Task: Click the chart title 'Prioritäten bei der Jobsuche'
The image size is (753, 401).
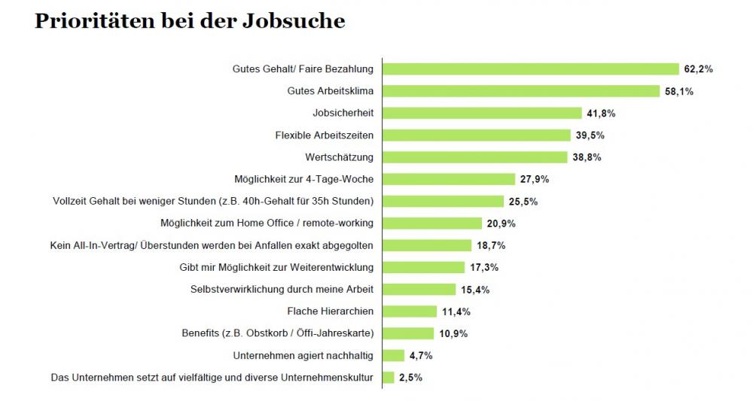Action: pos(190,22)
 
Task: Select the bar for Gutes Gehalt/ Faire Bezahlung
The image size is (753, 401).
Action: pos(531,69)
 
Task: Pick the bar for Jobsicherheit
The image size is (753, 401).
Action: pos(482,114)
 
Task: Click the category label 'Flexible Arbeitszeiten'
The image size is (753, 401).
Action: pos(325,135)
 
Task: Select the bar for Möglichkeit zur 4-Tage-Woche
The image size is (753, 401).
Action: pos(449,179)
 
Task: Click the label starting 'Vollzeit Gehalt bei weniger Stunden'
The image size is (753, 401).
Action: pos(213,201)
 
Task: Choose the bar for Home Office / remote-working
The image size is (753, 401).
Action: pos(432,223)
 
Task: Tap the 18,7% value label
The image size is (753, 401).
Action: pos(490,245)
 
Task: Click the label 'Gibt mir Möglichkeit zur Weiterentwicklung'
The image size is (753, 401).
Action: pos(276,267)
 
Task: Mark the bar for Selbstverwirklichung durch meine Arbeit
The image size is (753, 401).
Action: pos(419,289)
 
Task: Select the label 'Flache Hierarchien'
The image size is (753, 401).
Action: pos(330,311)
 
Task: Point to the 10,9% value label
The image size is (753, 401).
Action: pos(453,333)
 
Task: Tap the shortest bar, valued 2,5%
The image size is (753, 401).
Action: pos(389,377)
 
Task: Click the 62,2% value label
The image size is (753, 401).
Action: pos(698,69)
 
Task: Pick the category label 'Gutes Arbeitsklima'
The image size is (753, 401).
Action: pos(330,91)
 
